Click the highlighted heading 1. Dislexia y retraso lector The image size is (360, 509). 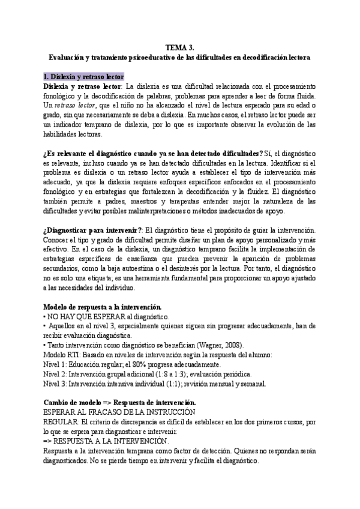(83, 77)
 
